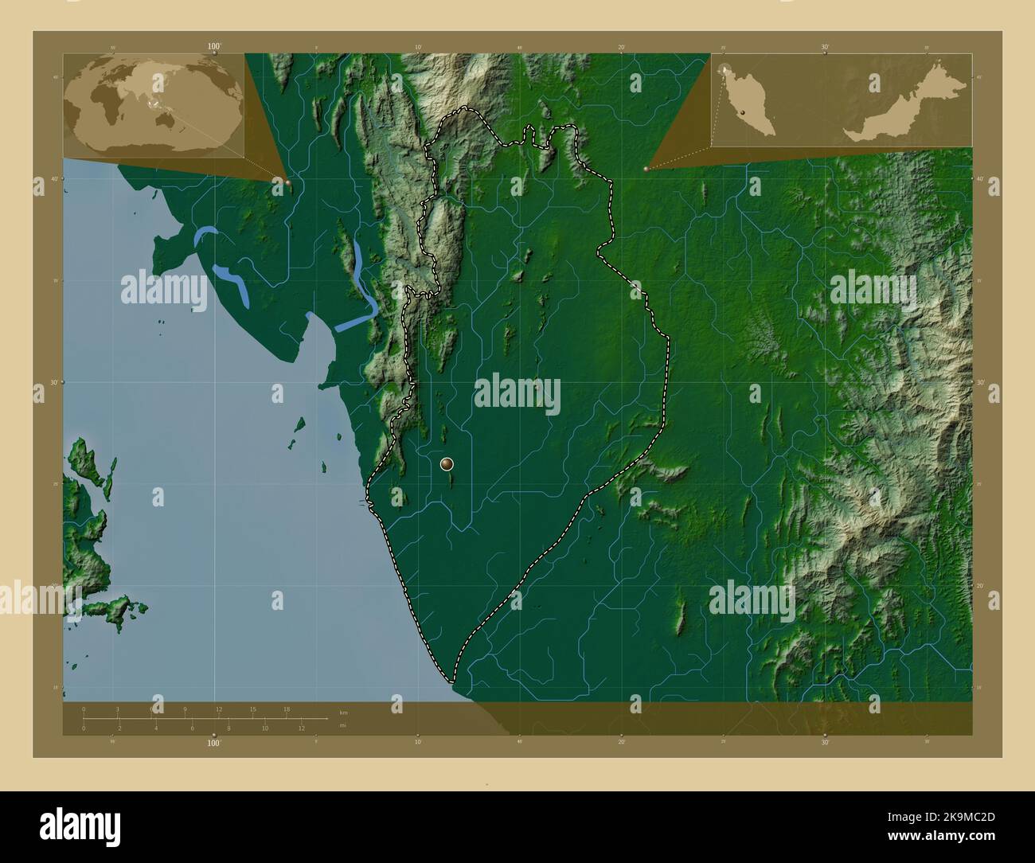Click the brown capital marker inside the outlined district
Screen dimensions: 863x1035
click(447, 463)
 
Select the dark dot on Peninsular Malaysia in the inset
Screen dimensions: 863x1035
click(743, 114)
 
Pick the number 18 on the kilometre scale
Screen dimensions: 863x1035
click(287, 709)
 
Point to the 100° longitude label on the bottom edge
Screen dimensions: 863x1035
click(213, 743)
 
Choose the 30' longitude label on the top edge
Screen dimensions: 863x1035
click(824, 47)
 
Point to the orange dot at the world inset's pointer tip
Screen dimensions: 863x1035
click(287, 182)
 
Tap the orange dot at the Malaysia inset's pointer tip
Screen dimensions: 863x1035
click(646, 169)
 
